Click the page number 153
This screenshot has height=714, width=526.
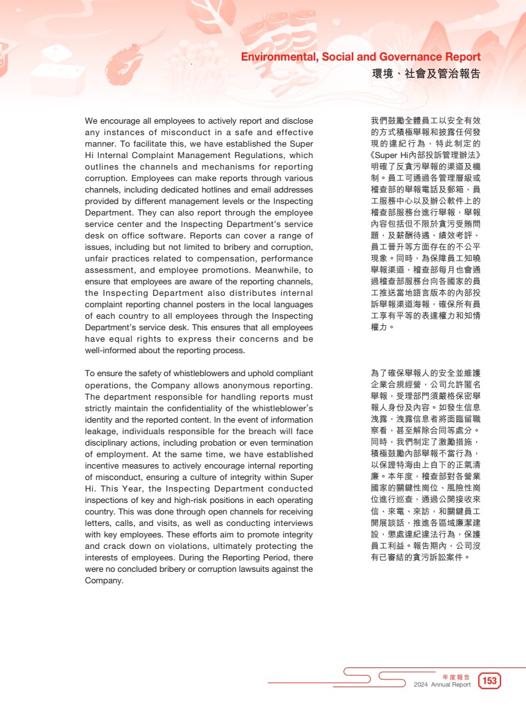(490, 681)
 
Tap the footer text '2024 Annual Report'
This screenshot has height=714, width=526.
(442, 685)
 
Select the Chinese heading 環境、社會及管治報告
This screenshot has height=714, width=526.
(426, 74)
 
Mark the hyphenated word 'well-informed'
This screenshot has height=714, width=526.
(111, 351)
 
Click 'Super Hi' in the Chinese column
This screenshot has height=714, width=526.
(390, 155)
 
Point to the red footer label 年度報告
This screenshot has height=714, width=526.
(456, 676)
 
